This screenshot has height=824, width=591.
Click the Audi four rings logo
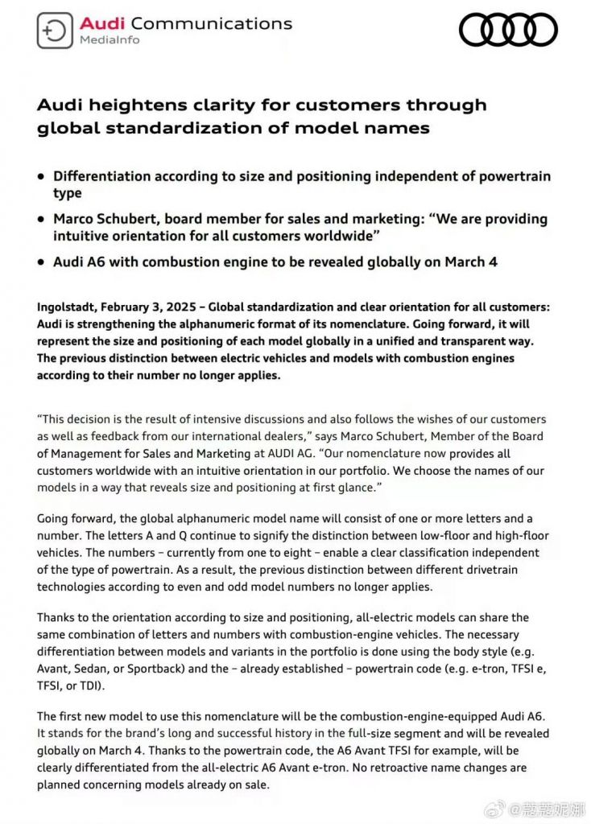(508, 31)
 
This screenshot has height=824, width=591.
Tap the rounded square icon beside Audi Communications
(55, 31)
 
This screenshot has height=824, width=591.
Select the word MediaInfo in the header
(108, 40)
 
